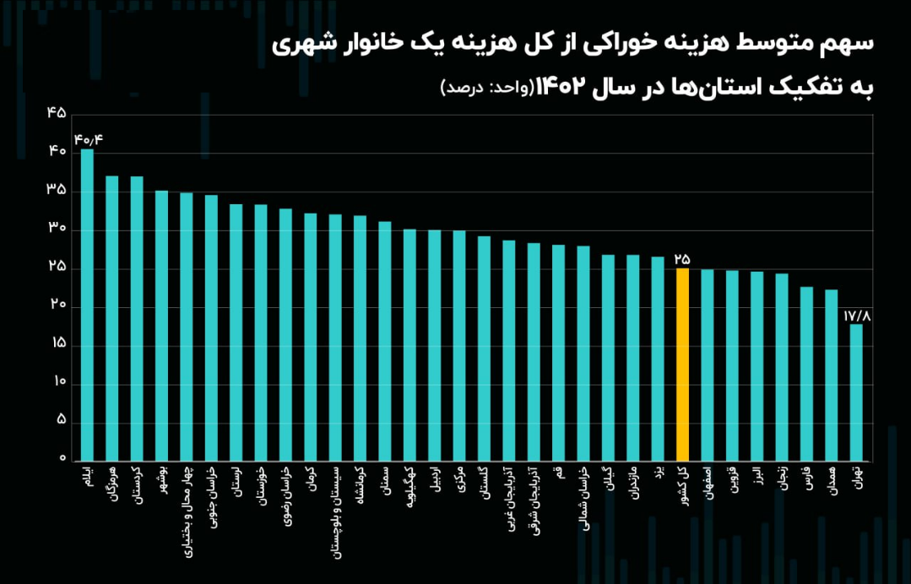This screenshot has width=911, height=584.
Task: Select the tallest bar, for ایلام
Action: pyautogui.click(x=87, y=305)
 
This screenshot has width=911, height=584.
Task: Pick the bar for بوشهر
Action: pyautogui.click(x=161, y=326)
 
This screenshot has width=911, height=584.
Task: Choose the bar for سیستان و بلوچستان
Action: pyautogui.click(x=335, y=338)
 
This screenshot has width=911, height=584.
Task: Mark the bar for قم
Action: pyautogui.click(x=558, y=353)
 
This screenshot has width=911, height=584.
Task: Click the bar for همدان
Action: pyautogui.click(x=831, y=375)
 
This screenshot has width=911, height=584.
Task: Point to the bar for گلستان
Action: pyautogui.click(x=484, y=349)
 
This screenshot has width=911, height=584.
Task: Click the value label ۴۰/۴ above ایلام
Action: pyautogui.click(x=88, y=139)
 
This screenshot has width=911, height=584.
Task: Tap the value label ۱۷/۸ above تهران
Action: pyautogui.click(x=856, y=315)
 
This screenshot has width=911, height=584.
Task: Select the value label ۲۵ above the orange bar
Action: pyautogui.click(x=682, y=259)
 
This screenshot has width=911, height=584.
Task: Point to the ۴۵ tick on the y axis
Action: pyautogui.click(x=57, y=113)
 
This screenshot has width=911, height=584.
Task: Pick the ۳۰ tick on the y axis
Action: pyautogui.click(x=57, y=229)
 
